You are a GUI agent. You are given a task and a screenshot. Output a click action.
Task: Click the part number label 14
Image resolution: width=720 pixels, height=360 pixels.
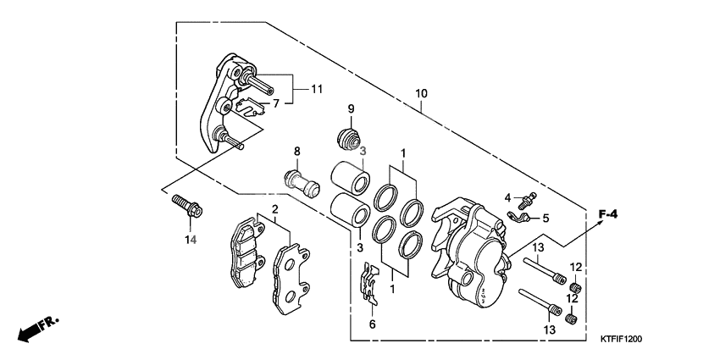click(191, 241)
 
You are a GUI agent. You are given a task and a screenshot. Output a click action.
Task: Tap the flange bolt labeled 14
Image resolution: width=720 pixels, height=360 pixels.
click(184, 208)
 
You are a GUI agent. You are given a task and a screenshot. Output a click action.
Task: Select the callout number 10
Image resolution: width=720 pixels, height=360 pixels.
click(421, 93)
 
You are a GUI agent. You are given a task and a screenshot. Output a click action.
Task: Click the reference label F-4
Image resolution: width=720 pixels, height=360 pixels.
click(607, 215)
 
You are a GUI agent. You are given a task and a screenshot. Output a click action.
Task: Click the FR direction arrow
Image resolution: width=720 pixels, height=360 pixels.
click(39, 328)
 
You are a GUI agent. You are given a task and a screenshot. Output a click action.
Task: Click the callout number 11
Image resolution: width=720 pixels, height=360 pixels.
click(318, 88)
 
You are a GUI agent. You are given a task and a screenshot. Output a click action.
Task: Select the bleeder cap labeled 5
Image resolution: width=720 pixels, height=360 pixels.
click(520, 219)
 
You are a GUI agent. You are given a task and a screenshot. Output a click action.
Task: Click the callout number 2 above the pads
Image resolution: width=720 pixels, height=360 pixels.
click(275, 209)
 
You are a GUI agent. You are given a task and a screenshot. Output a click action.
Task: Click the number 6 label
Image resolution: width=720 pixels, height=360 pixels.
click(371, 324)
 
